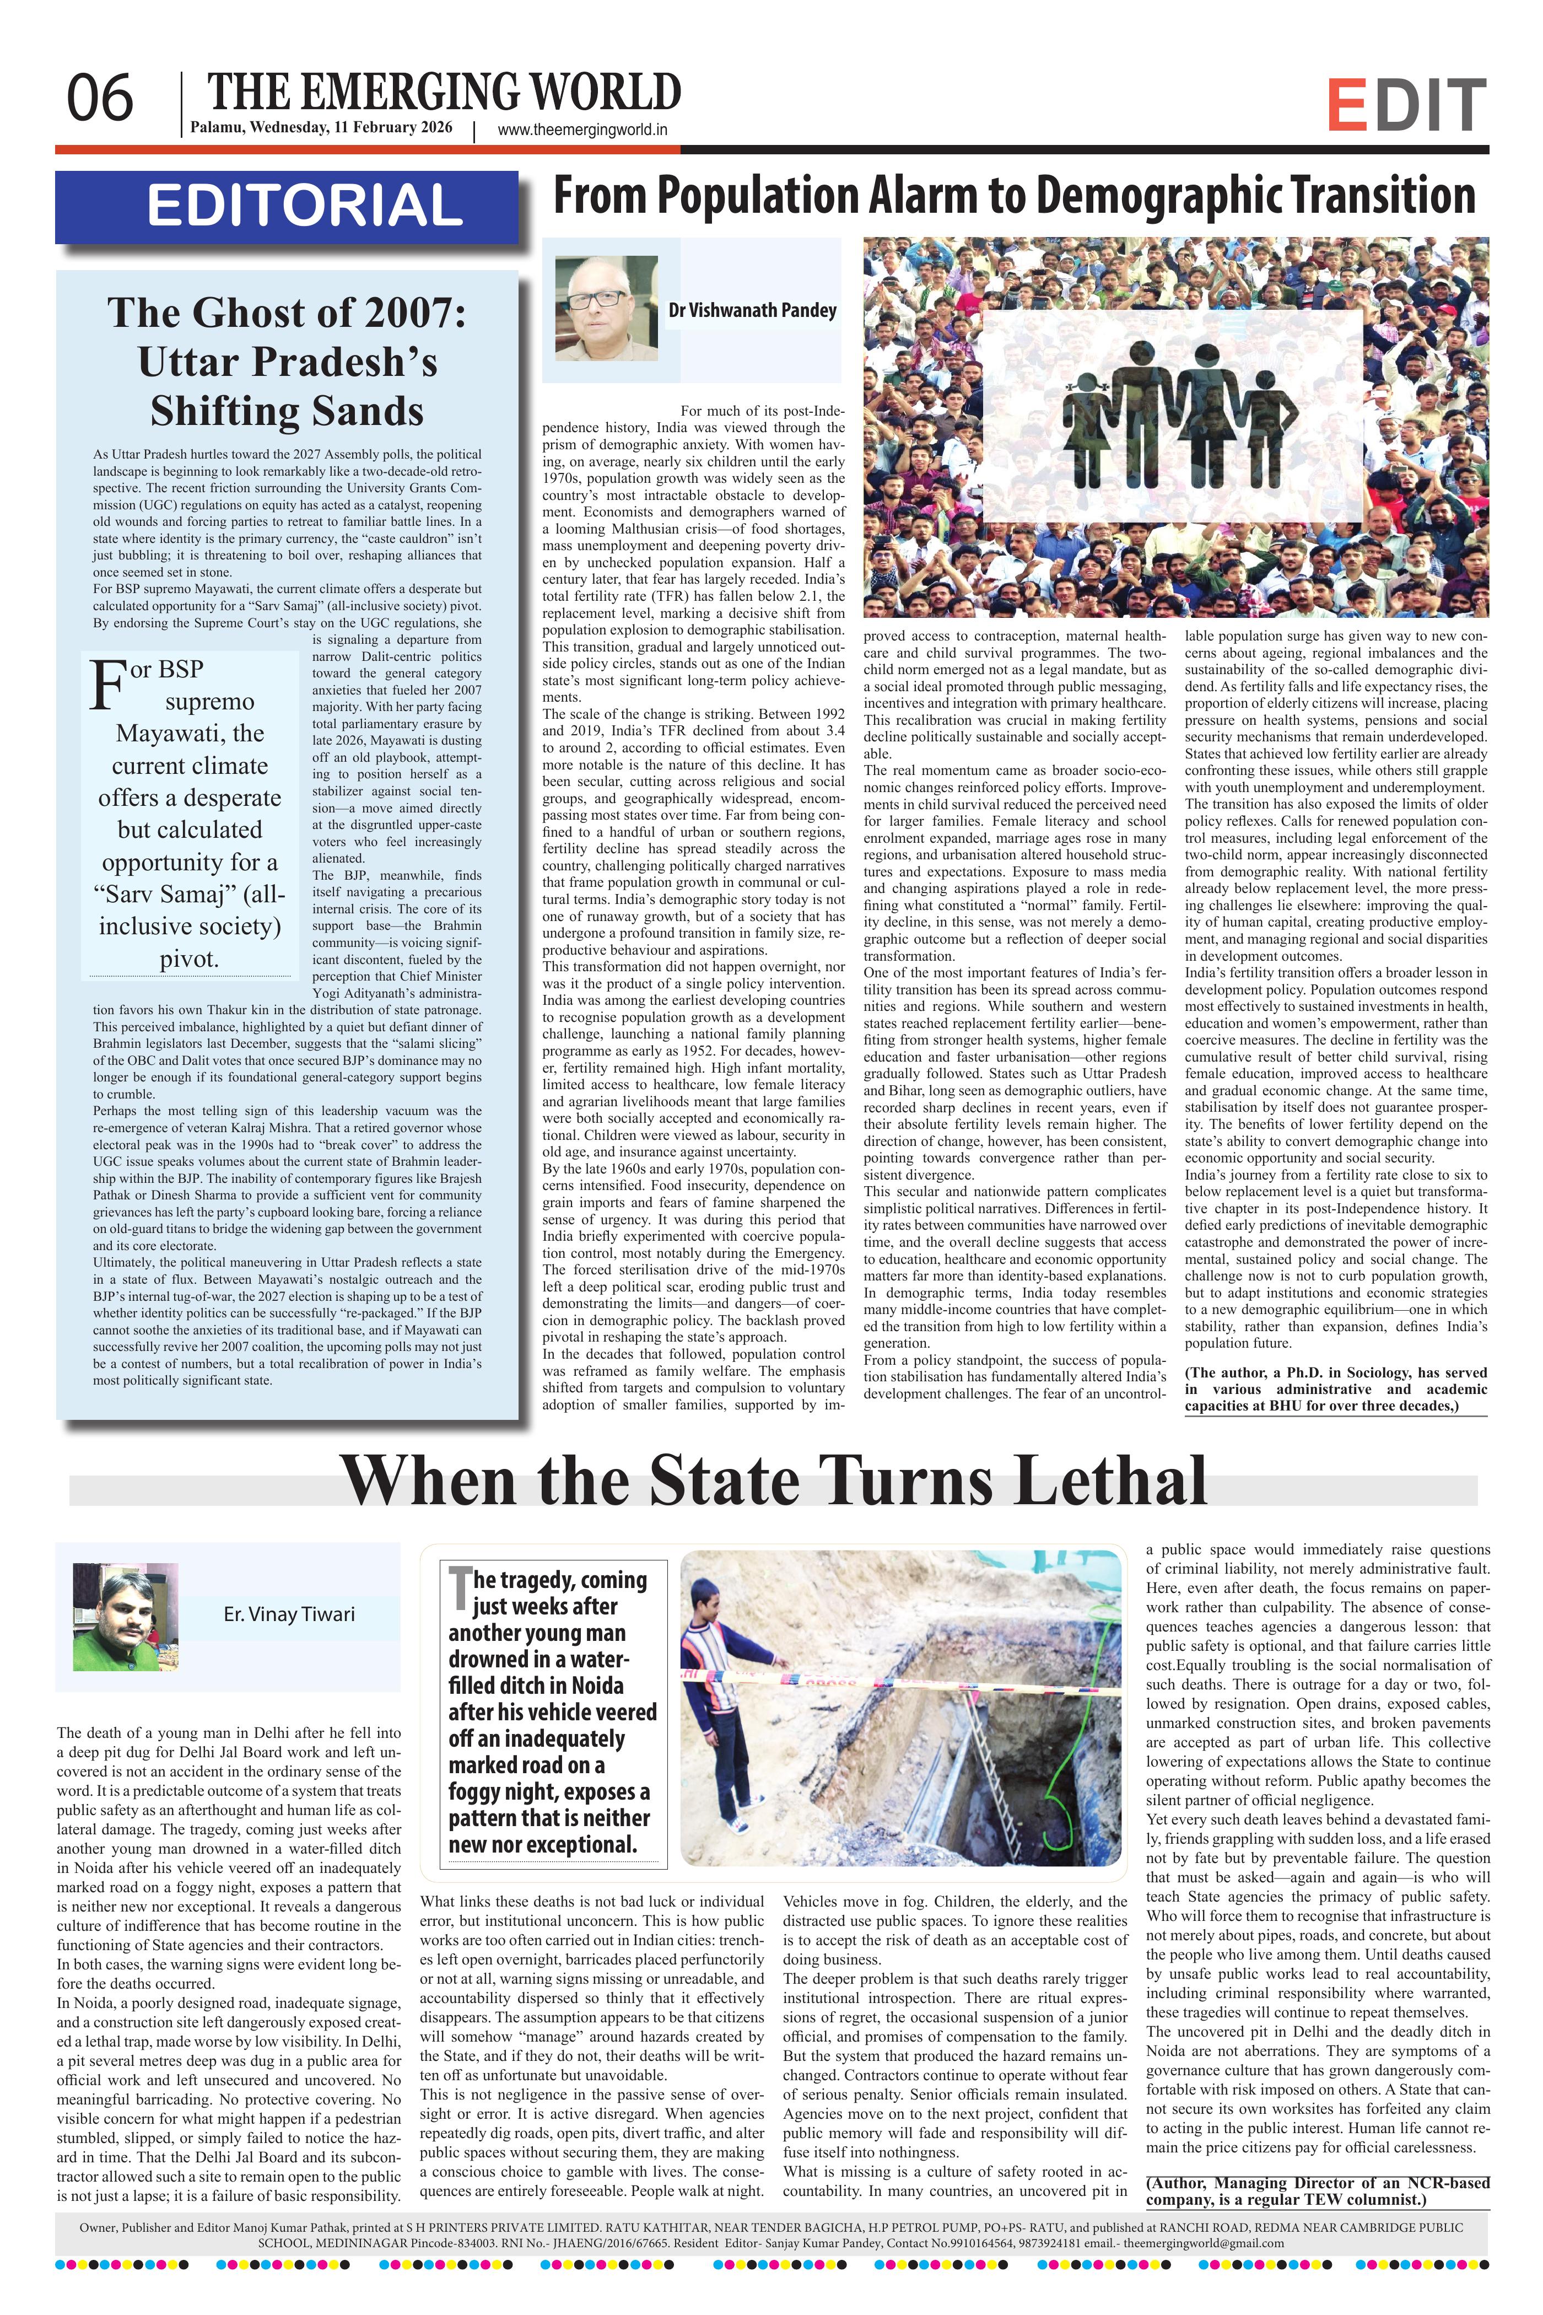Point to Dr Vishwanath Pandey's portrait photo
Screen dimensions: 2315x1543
pyautogui.click(x=606, y=309)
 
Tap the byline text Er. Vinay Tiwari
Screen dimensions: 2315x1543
pyautogui.click(x=288, y=1614)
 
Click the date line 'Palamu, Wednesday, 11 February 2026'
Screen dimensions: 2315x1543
pyautogui.click(x=321, y=127)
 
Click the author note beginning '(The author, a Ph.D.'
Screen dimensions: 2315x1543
pyautogui.click(x=1335, y=1389)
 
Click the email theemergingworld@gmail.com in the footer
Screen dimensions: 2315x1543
pyautogui.click(x=1202, y=2244)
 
